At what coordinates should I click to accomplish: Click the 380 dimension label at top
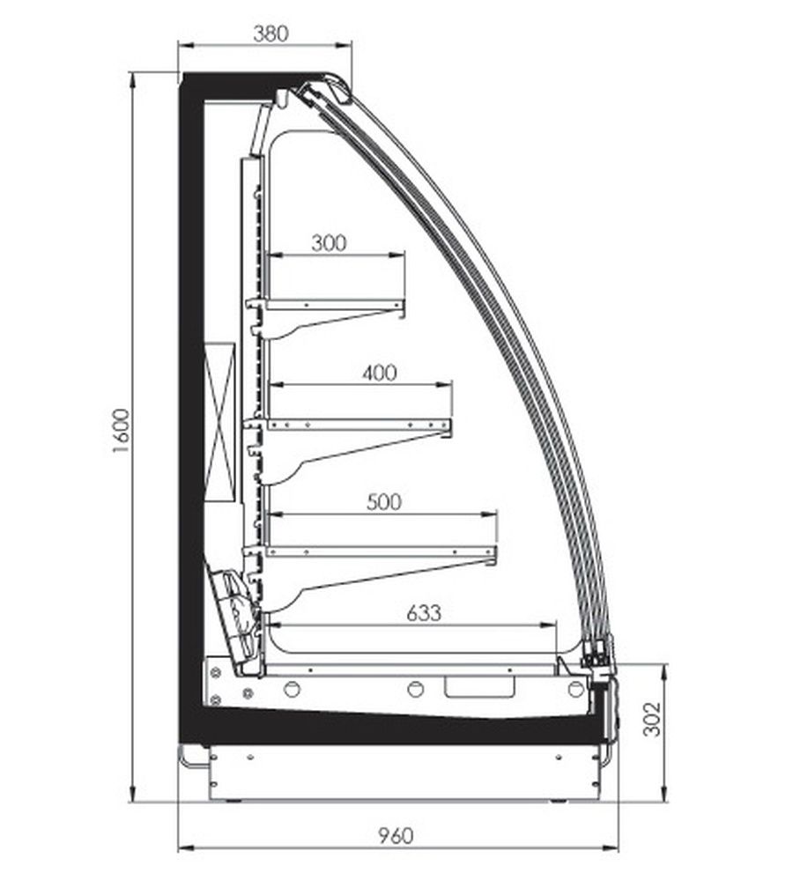(271, 33)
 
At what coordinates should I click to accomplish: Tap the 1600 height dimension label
(122, 431)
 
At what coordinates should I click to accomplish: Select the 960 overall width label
(395, 836)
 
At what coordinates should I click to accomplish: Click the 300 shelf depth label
(329, 243)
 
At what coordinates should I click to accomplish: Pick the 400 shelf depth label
(380, 373)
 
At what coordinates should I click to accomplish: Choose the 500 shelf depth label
(383, 502)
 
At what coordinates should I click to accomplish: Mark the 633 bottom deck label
(424, 613)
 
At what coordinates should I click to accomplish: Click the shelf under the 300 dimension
(335, 305)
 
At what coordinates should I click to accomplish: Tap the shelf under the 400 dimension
(359, 425)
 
